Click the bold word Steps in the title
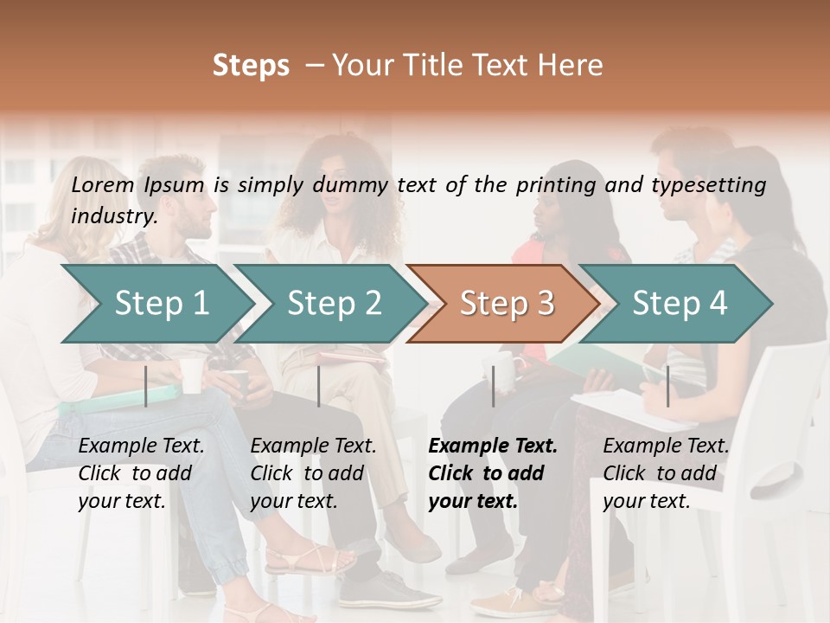tap(251, 66)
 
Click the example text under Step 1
tap(141, 473)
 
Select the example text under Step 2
tap(313, 473)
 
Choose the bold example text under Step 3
tap(493, 473)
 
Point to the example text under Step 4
tap(666, 473)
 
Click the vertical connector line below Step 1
tap(146, 386)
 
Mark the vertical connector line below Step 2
tap(319, 386)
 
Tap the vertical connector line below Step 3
tap(494, 386)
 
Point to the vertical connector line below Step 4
tap(667, 386)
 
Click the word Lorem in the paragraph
tap(103, 184)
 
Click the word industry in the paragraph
tap(113, 216)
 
